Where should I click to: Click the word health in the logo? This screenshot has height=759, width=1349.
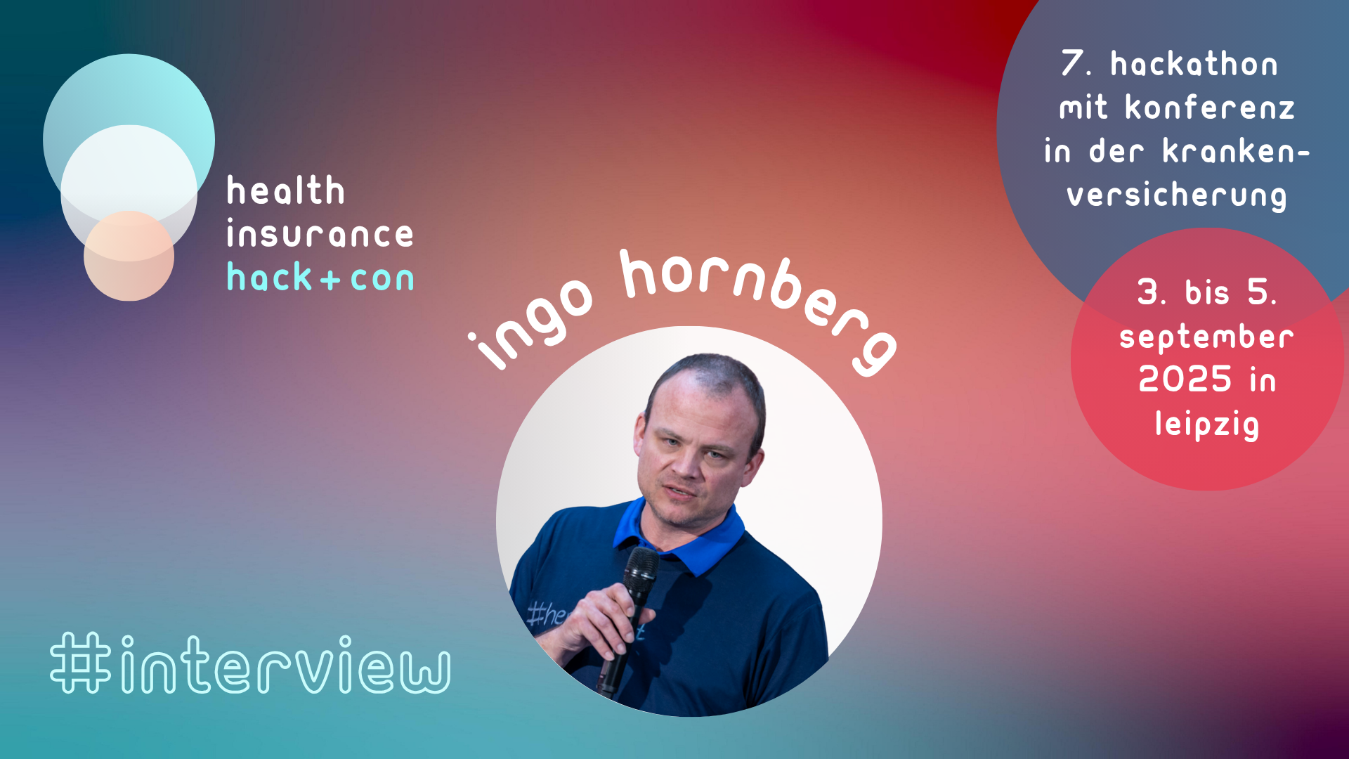pyautogui.click(x=285, y=190)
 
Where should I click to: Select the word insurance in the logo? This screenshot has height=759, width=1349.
pyautogui.click(x=320, y=234)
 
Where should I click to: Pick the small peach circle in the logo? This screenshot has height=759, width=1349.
pyautogui.click(x=129, y=256)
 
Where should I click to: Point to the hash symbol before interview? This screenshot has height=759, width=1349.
pyautogui.click(x=81, y=663)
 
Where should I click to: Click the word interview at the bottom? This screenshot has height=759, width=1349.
pyautogui.click(x=285, y=664)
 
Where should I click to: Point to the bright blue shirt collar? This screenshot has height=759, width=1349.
pyautogui.click(x=678, y=538)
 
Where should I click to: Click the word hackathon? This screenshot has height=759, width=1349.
pyautogui.click(x=1194, y=64)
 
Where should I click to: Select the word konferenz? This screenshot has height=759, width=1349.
pyautogui.click(x=1209, y=108)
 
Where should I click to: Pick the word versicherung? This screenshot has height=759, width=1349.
pyautogui.click(x=1177, y=195)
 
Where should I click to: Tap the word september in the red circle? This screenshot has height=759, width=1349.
pyautogui.click(x=1206, y=337)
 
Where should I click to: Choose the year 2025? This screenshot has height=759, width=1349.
pyautogui.click(x=1185, y=379)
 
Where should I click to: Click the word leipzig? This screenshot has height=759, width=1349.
pyautogui.click(x=1207, y=424)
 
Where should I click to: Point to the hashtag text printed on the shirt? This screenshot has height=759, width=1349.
pyautogui.click(x=547, y=614)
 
